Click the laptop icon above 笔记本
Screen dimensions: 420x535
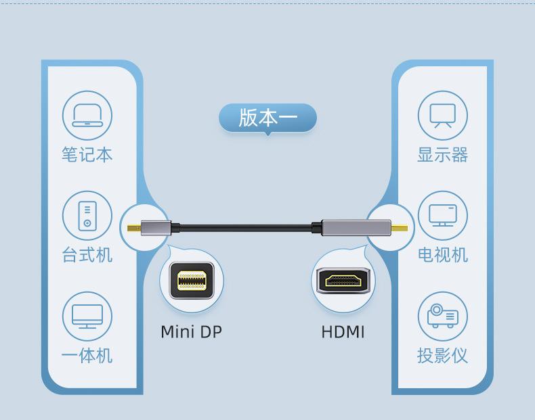[87, 115]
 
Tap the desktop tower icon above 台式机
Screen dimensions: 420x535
[87, 215]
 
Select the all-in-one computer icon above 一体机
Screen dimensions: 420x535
[87, 316]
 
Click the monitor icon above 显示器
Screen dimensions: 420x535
[442, 115]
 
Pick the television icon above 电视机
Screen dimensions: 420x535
[442, 215]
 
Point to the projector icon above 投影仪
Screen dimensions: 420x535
[442, 316]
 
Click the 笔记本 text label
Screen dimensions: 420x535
[87, 155]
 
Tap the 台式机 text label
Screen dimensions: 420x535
[87, 255]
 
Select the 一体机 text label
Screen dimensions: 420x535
[87, 355]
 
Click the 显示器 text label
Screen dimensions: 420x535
[442, 155]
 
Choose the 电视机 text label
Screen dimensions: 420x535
[442, 255]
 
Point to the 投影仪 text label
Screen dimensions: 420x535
[442, 355]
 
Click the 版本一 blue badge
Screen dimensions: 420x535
[267, 118]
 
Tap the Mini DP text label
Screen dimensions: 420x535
[191, 332]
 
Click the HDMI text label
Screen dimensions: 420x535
[343, 332]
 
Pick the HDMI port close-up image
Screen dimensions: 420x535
[343, 281]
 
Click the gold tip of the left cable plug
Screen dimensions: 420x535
[134, 228]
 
